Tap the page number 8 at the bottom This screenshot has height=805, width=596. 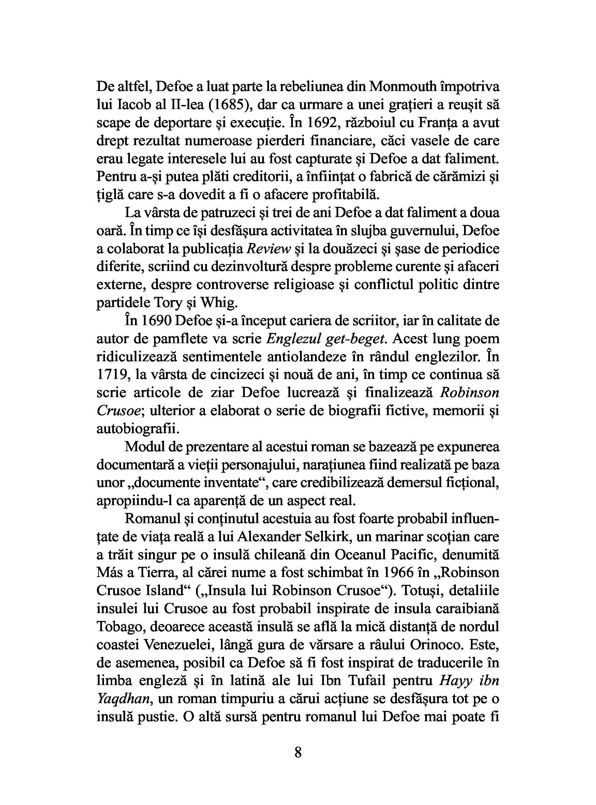click(298, 753)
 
